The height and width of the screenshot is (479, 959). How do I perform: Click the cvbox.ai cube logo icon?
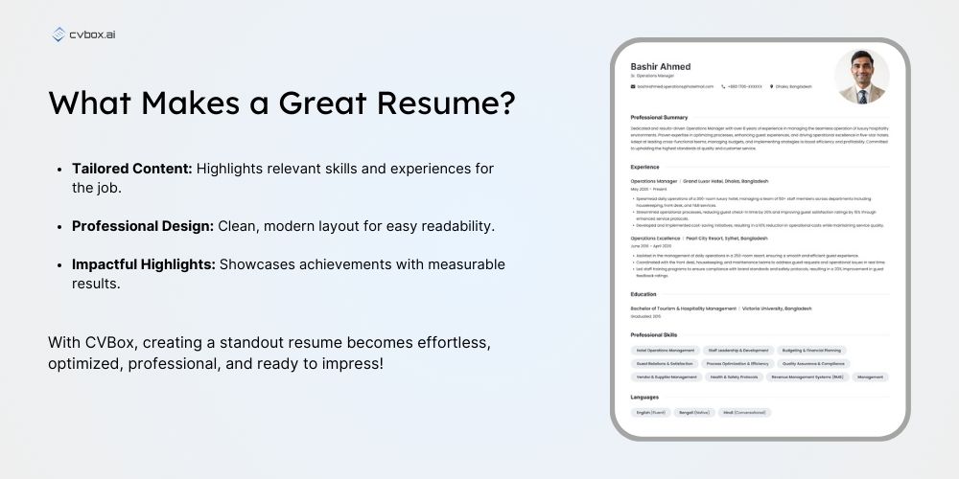pyautogui.click(x=59, y=35)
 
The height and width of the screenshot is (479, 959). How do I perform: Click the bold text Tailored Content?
pyautogui.click(x=131, y=169)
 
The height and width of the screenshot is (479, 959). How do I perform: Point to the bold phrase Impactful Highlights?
pyautogui.click(x=143, y=264)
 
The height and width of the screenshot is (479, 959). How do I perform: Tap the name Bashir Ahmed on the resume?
pyautogui.click(x=660, y=66)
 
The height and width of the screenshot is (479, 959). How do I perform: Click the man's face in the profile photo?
pyautogui.click(x=860, y=68)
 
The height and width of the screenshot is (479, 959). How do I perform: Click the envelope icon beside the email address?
pyautogui.click(x=633, y=86)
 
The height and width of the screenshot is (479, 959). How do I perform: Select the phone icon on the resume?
pyautogui.click(x=721, y=86)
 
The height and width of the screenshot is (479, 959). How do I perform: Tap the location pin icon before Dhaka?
pyautogui.click(x=772, y=86)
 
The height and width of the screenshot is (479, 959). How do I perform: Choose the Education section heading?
pyautogui.click(x=643, y=294)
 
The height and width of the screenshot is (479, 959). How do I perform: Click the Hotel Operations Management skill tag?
pyautogui.click(x=666, y=351)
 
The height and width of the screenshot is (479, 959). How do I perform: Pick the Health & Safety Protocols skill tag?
pyautogui.click(x=734, y=377)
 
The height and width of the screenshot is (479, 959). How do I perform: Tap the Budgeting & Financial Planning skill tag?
pyautogui.click(x=812, y=351)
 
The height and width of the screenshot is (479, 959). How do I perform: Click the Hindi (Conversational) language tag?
pyautogui.click(x=744, y=412)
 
